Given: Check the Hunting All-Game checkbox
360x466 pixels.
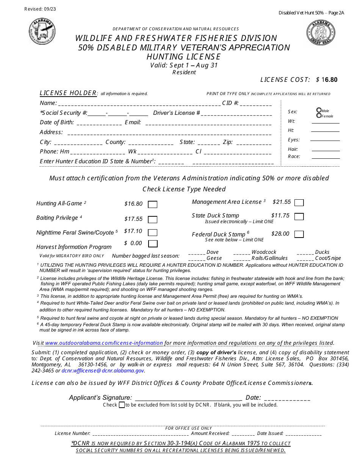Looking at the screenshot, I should (x=152, y=205).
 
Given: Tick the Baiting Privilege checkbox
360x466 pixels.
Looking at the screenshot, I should (x=152, y=220).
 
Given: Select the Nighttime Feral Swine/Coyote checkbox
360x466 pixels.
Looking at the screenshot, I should (x=152, y=232).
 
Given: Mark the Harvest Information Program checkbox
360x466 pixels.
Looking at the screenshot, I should (x=152, y=244).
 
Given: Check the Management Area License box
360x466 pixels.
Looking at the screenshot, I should (x=299, y=203).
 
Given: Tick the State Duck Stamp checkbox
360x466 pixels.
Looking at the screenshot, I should (x=299, y=217).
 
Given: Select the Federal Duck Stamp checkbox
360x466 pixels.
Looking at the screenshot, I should (x=299, y=234).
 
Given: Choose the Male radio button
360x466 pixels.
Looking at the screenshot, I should (x=319, y=110).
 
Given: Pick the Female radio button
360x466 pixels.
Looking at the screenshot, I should (x=319, y=116).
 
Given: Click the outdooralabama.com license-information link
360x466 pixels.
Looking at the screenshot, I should (x=104, y=343).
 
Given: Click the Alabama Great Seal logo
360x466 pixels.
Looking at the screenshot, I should (x=321, y=33).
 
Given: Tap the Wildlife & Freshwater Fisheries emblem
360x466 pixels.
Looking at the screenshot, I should (x=42, y=32).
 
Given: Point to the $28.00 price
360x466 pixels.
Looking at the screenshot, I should (x=280, y=234).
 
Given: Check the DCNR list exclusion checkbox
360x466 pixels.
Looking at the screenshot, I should (x=122, y=405).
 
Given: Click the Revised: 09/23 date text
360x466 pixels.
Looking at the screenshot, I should (x=40, y=9).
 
